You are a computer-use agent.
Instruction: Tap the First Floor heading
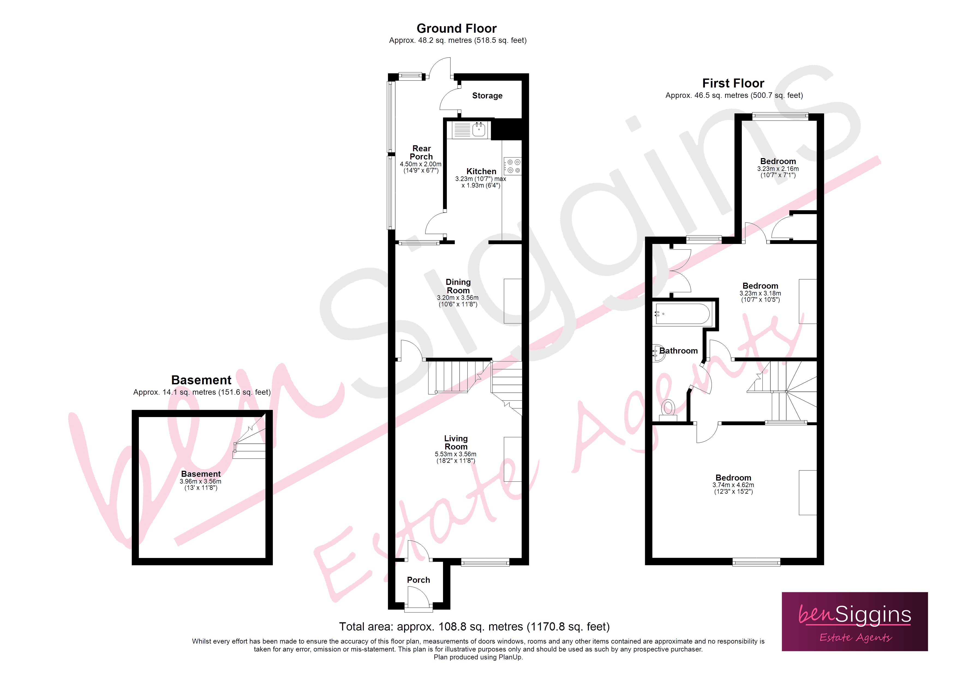733,83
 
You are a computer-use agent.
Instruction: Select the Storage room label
487,96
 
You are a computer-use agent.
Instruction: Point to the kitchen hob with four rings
513,166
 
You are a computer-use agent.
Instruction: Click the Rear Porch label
421,152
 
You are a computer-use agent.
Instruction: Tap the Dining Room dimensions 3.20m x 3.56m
458,298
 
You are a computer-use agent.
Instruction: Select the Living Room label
456,442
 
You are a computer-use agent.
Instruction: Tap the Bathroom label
678,351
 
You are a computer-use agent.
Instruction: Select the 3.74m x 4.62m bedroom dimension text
733,485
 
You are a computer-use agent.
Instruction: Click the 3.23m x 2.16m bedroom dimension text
778,169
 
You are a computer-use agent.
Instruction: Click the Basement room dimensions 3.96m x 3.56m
201,481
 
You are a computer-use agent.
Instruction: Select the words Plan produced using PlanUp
478,657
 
